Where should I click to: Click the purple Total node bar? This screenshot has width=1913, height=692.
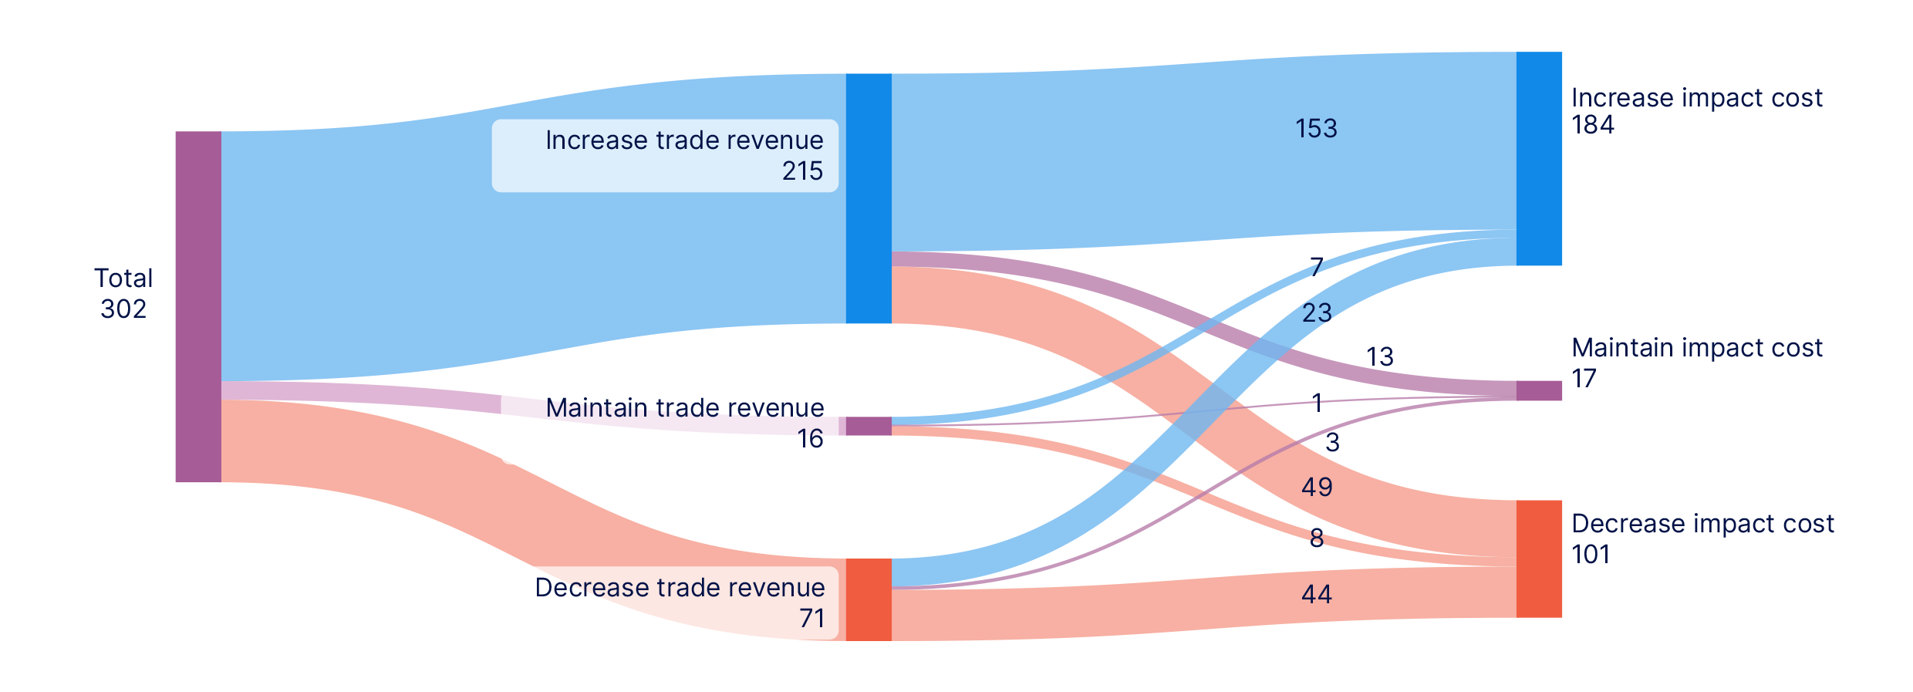pyautogui.click(x=198, y=306)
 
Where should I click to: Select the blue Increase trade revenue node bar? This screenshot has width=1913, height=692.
pyautogui.click(x=869, y=198)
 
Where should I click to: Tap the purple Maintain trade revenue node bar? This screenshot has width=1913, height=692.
pyautogui.click(x=869, y=426)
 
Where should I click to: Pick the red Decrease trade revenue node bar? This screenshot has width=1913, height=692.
pyautogui.click(x=869, y=599)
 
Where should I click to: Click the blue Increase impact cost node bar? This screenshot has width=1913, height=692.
pyautogui.click(x=1539, y=159)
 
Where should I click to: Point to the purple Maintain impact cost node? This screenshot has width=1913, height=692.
pyautogui.click(x=1539, y=390)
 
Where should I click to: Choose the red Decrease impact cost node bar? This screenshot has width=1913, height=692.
pyautogui.click(x=1539, y=559)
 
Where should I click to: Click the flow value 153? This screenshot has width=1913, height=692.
pyautogui.click(x=1316, y=128)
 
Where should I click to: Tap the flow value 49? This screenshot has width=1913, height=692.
pyautogui.click(x=1317, y=487)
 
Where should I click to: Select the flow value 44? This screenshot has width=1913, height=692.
pyautogui.click(x=1317, y=594)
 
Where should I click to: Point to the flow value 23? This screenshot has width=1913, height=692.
pyautogui.click(x=1317, y=312)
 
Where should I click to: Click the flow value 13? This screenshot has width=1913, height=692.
pyautogui.click(x=1380, y=356)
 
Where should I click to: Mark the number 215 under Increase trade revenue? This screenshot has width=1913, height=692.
pyautogui.click(x=802, y=170)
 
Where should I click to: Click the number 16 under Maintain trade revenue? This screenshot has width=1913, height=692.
pyautogui.click(x=810, y=438)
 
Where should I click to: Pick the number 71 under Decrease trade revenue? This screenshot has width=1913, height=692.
pyautogui.click(x=811, y=618)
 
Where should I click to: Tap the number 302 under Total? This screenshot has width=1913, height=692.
pyautogui.click(x=123, y=309)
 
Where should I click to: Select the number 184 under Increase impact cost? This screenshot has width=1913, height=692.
pyautogui.click(x=1593, y=125)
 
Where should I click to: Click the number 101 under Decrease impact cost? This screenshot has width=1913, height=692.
pyautogui.click(x=1591, y=554)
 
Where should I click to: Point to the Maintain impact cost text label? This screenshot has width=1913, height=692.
pyautogui.click(x=1697, y=348)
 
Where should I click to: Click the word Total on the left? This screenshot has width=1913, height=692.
pyautogui.click(x=124, y=278)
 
